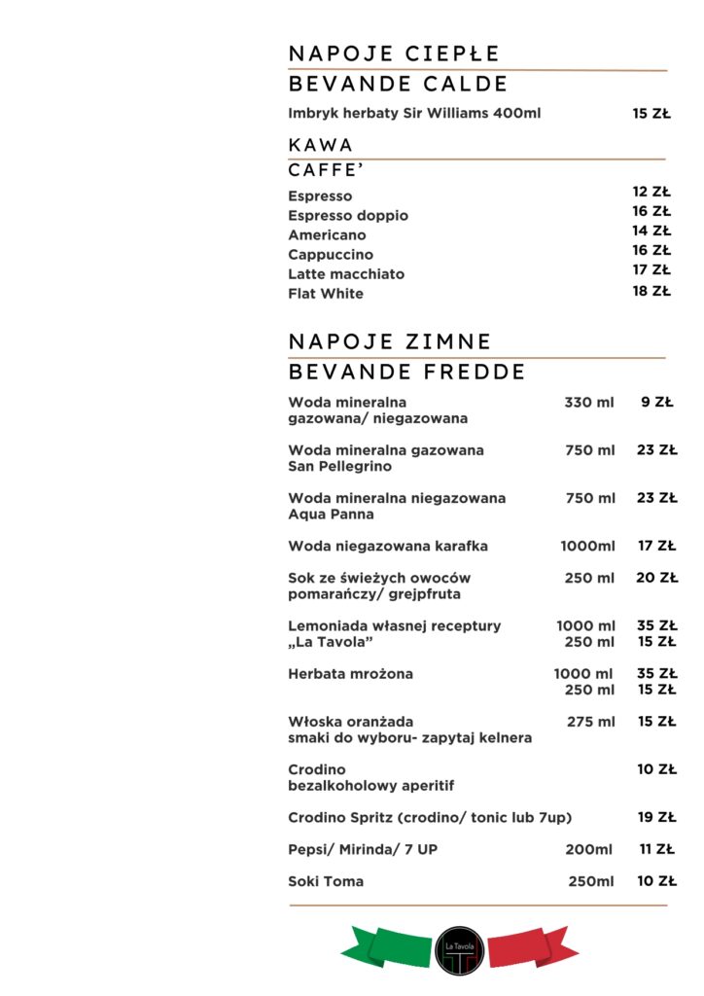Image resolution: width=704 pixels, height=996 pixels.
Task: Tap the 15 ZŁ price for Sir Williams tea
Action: [651, 113]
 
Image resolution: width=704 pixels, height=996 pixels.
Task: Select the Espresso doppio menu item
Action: [347, 215]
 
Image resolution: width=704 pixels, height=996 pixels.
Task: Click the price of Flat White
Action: [651, 290]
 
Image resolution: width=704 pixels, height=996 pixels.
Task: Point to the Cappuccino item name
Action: [330, 254]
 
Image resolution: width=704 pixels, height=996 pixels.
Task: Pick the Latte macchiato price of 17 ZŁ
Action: [651, 269]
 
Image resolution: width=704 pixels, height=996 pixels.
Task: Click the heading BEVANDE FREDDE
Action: [406, 372]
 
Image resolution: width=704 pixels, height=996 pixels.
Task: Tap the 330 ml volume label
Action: [589, 401]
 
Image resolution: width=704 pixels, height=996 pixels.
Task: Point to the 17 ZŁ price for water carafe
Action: [657, 546]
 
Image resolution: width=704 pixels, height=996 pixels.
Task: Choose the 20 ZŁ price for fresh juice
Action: [657, 578]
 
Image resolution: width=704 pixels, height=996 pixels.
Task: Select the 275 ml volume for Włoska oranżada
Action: [591, 722]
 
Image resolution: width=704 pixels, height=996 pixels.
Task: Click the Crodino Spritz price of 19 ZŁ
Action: [657, 817]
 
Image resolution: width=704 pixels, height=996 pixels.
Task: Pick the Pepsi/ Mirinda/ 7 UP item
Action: [363, 849]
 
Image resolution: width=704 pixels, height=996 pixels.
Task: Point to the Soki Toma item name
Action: [326, 881]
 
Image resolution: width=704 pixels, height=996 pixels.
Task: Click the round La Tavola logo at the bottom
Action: [459, 950]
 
